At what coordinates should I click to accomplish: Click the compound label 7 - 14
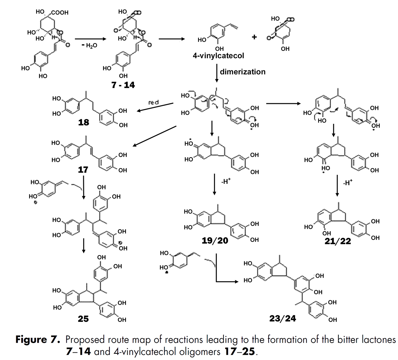coord(123,85)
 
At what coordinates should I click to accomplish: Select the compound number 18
coord(84,122)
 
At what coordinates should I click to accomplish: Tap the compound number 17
coord(83,170)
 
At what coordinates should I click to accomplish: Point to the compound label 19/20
coord(215,241)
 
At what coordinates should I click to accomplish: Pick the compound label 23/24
coord(283,319)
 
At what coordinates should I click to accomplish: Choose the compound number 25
coord(83,319)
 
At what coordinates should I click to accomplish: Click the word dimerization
coord(242,72)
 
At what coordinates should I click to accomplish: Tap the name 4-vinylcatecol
coord(219,55)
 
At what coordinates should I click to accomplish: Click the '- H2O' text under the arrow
coord(89,45)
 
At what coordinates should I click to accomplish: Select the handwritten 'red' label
coord(153,103)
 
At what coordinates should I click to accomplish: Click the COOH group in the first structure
coord(60,13)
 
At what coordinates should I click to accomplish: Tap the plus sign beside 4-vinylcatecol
coord(254,37)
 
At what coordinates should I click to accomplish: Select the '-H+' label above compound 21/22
coord(347,182)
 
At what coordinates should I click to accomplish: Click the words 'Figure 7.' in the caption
coord(37,340)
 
